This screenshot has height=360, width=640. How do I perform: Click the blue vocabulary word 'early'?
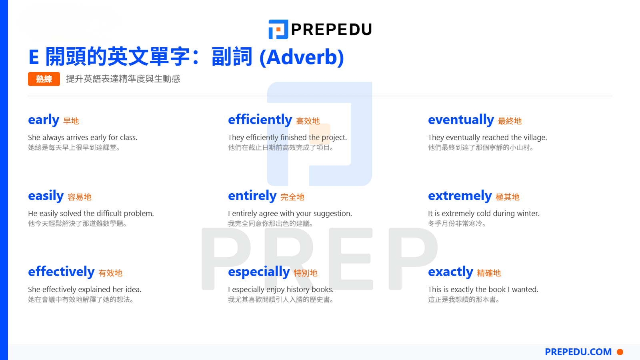tap(44, 120)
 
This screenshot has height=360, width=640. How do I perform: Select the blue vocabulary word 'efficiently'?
tap(260, 120)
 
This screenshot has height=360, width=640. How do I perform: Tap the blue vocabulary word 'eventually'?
tap(461, 120)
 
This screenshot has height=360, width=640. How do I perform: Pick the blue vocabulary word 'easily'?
tap(46, 196)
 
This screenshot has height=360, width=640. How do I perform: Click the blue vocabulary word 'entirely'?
tap(252, 196)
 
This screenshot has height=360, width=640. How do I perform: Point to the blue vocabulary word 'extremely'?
tap(460, 196)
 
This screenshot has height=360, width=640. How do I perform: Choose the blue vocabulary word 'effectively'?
tap(61, 272)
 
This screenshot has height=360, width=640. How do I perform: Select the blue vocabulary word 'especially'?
tap(259, 272)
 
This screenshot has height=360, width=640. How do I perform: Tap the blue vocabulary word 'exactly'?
tap(450, 272)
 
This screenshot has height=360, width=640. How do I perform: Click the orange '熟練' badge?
tap(44, 79)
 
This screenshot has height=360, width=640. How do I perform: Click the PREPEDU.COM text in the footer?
tap(578, 352)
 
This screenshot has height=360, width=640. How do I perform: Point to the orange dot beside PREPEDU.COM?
tap(620, 352)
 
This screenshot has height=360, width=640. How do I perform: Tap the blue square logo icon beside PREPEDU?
tap(278, 30)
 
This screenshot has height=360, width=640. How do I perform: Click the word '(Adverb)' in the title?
tap(302, 57)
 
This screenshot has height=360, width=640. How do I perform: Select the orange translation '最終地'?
tap(510, 121)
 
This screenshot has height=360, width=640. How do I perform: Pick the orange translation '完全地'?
tap(292, 197)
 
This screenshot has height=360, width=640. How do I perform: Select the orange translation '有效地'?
tap(110, 273)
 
